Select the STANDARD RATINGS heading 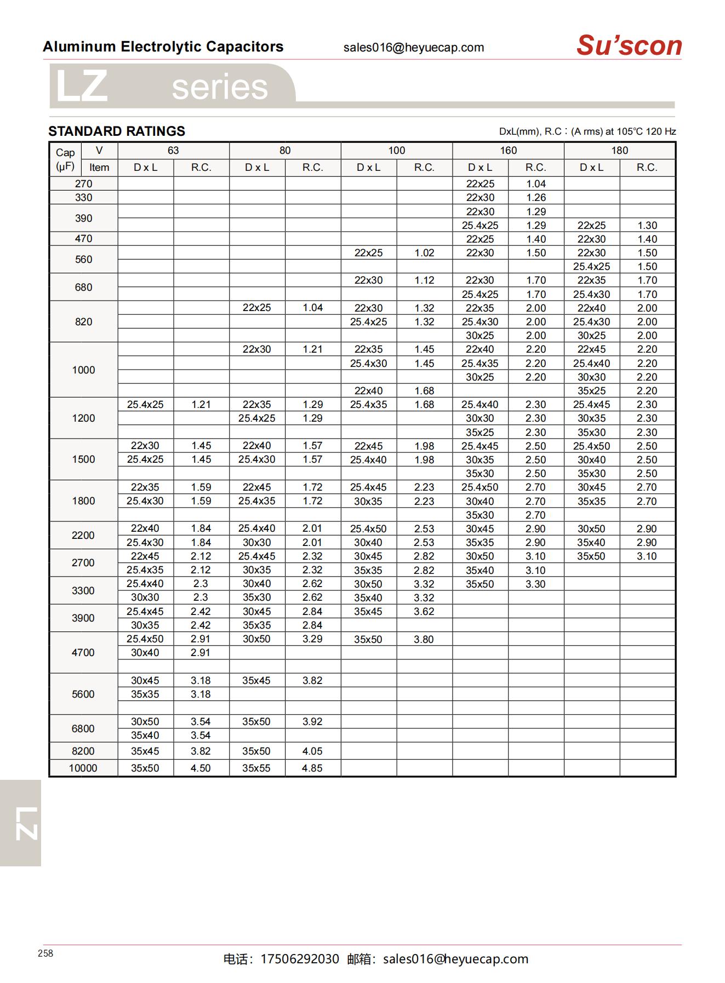coord(117,131)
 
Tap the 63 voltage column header coord(173,151)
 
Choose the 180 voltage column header coord(619,151)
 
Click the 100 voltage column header coord(396,151)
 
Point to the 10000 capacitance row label coord(83,768)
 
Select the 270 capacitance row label coord(83,184)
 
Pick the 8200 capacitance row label coord(83,751)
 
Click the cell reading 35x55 coord(256,768)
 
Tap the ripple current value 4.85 coord(312,768)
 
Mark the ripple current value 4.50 coord(201,768)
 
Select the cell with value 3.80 coord(424,639)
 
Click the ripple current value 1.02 coord(424,253)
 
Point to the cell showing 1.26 coord(536,198)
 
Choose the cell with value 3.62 coord(424,612)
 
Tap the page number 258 coord(45,953)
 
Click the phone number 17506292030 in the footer coord(300,959)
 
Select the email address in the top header coord(414,48)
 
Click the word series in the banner coord(220,88)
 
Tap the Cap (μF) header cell coord(65,159)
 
